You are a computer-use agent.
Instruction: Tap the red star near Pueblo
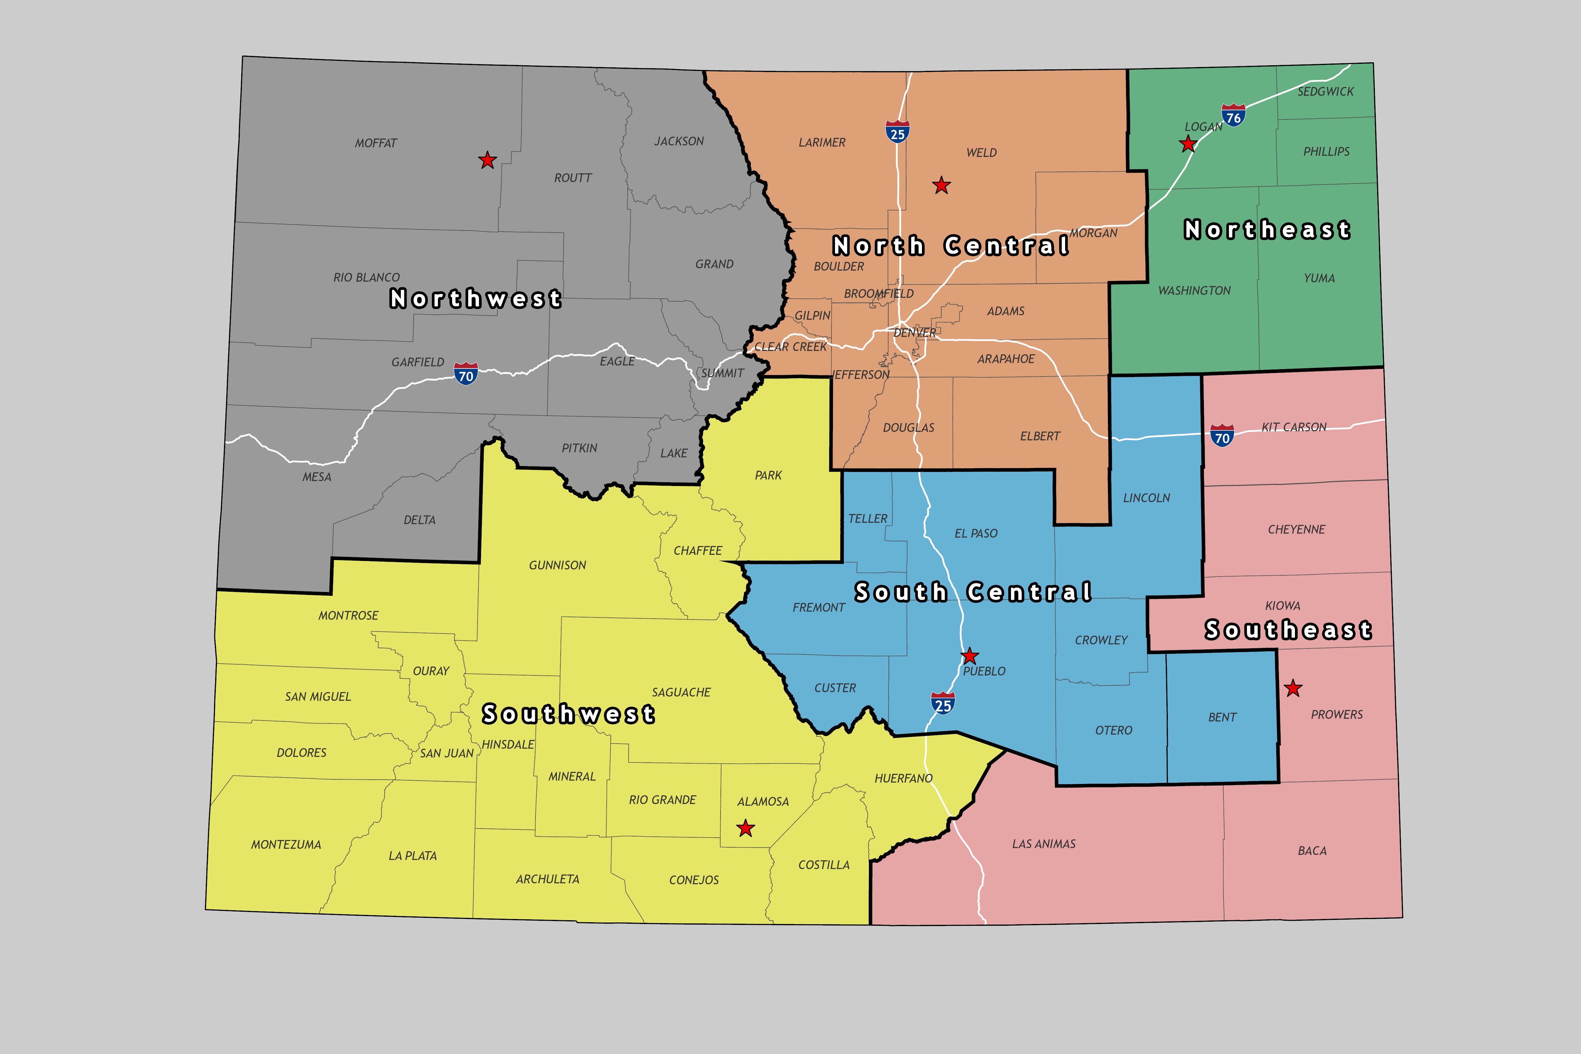tap(969, 656)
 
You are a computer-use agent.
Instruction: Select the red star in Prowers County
tap(1293, 688)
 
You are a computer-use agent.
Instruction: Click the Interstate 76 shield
tap(1233, 115)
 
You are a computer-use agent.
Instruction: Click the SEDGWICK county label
tap(1325, 91)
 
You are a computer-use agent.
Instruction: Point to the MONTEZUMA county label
tap(286, 844)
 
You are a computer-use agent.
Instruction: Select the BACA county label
tap(1311, 850)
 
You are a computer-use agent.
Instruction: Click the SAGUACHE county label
tap(681, 692)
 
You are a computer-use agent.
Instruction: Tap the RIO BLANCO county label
tap(366, 277)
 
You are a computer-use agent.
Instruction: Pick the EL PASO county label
tap(975, 533)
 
